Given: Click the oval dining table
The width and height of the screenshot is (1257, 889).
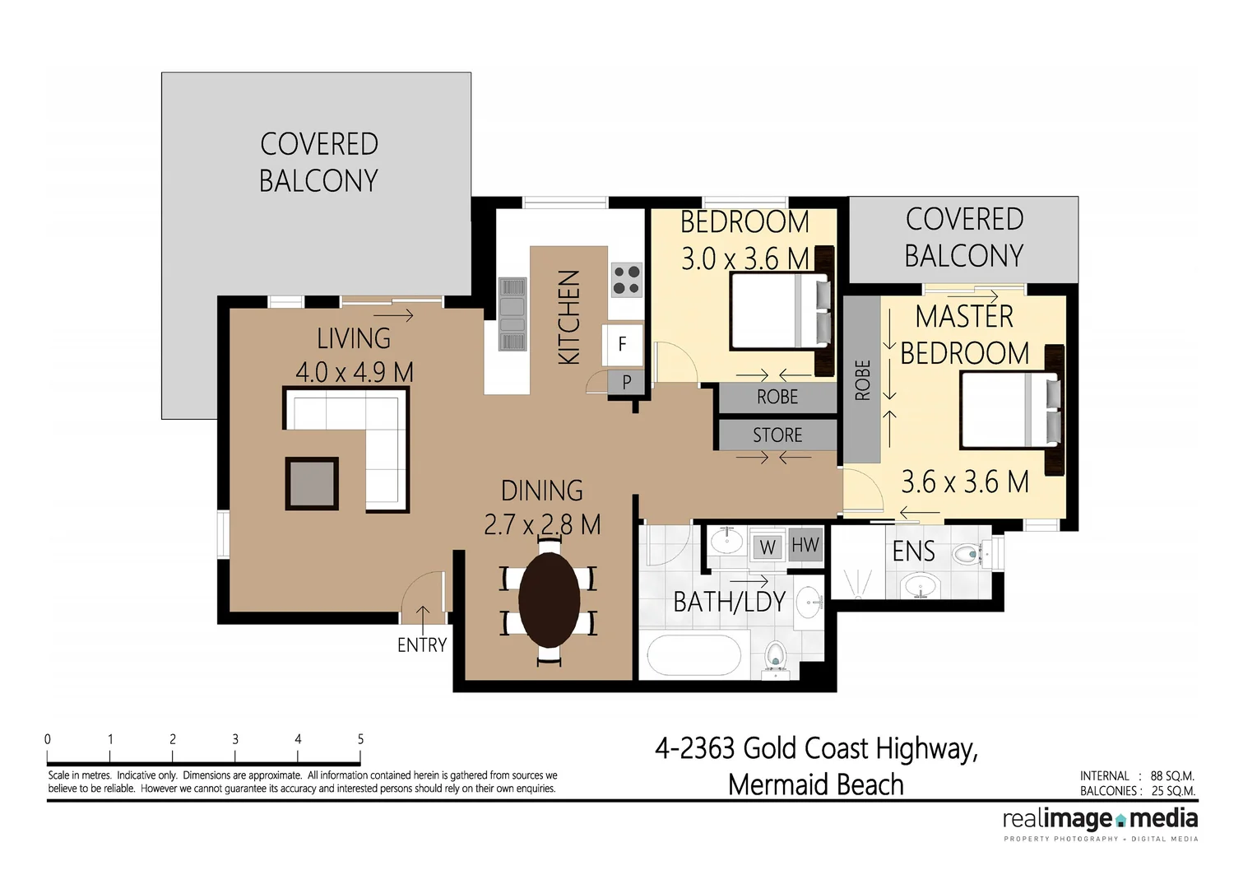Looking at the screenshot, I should click(x=549, y=600).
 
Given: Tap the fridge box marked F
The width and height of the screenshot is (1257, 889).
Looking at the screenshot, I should click(x=622, y=344).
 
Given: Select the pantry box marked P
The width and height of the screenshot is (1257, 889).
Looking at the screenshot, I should click(x=626, y=382).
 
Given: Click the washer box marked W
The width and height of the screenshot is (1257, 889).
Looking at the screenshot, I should click(x=767, y=547).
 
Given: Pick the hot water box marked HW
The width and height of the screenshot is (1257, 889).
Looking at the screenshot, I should click(x=805, y=545).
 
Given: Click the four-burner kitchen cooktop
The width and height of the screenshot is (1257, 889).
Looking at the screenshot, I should click(x=626, y=279).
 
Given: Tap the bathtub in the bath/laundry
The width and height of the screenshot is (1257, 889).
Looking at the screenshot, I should click(x=693, y=657).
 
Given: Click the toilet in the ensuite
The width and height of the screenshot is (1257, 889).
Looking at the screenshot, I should click(x=971, y=554).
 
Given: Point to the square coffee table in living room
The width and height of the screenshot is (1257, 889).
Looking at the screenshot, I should click(x=312, y=483).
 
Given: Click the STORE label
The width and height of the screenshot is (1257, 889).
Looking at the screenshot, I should click(x=777, y=435).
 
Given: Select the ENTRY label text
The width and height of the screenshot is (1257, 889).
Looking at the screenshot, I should click(x=422, y=645).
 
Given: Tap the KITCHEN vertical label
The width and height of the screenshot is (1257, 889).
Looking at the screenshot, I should click(x=569, y=317).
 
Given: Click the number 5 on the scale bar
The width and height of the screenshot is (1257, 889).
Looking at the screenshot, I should click(x=360, y=739).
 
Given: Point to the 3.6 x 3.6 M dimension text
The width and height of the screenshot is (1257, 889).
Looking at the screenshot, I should click(x=964, y=482).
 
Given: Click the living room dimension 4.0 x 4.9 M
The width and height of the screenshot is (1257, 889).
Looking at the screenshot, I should click(x=354, y=372).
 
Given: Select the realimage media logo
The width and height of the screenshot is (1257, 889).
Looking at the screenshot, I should click(x=1100, y=820).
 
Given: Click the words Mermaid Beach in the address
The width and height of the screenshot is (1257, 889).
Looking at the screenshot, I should click(x=815, y=784).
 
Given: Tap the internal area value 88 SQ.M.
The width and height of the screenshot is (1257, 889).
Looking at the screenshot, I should click(x=1171, y=775).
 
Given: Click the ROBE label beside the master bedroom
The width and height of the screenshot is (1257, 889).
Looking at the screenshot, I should click(x=862, y=379).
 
